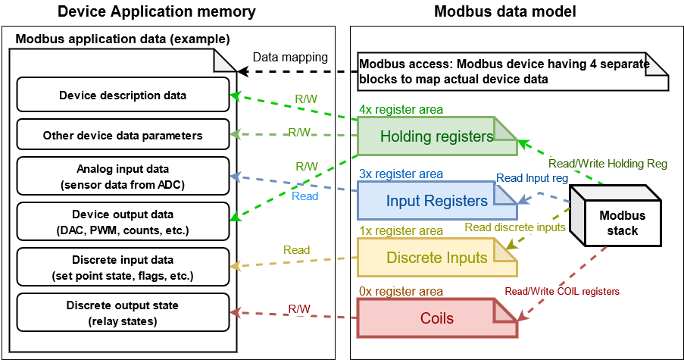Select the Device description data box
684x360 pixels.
(x=123, y=96)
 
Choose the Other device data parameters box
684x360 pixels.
(x=123, y=136)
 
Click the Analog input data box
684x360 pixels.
(x=123, y=175)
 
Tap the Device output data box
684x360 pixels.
(x=123, y=221)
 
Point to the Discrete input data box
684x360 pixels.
(x=123, y=268)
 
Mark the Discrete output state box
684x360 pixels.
(x=123, y=312)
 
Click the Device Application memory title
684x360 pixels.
(x=157, y=11)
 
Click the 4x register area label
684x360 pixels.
(x=401, y=110)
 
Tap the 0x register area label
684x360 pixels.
(x=401, y=291)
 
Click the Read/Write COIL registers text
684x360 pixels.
(x=562, y=291)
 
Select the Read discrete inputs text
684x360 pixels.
(x=514, y=227)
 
